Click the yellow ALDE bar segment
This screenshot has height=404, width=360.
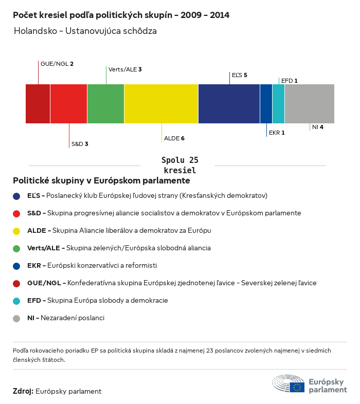[161, 104]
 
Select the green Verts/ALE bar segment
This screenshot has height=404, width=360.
[105, 104]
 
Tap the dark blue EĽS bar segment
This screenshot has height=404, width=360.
[229, 104]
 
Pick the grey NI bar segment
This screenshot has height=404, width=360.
[309, 104]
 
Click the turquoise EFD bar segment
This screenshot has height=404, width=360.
[278, 104]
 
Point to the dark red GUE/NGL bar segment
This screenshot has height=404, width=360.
[38, 104]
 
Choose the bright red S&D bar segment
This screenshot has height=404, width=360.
[68, 104]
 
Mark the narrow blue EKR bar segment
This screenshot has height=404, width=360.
[266, 104]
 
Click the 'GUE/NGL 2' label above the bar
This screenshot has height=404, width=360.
[57, 64]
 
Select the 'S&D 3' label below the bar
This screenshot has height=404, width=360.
[80, 144]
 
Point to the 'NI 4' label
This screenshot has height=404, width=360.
[317, 127]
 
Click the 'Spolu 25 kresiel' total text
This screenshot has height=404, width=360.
[179, 165]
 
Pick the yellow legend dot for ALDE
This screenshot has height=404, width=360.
[16, 231]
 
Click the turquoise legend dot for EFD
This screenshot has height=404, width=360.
[16, 301]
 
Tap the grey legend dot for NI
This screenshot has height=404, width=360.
[16, 318]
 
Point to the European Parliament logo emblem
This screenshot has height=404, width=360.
[289, 384]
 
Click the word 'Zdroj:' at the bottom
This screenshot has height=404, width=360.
[23, 392]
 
